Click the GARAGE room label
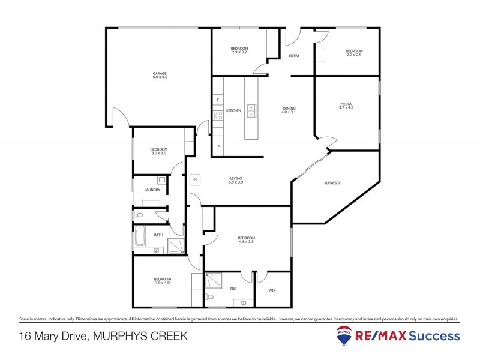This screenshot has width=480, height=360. tap(159, 73)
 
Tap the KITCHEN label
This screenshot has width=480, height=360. tap(233, 111)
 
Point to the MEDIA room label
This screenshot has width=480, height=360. tap(346, 103)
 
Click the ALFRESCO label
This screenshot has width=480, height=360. tap(332, 182)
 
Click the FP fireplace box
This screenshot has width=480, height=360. tap(195, 179)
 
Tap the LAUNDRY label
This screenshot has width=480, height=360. tap(152, 190)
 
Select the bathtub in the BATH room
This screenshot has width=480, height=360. tap(139, 236)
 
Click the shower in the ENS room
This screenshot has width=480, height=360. tap(213, 281)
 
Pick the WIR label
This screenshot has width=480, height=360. tap(272, 290)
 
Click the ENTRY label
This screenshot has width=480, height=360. tap(294, 56)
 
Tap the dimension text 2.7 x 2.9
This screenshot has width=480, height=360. tap(353, 55)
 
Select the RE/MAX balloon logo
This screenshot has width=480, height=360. tap(344, 337)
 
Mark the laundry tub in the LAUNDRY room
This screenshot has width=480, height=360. tap(162, 179)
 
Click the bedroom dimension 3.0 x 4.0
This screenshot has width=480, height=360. tap(162, 283)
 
